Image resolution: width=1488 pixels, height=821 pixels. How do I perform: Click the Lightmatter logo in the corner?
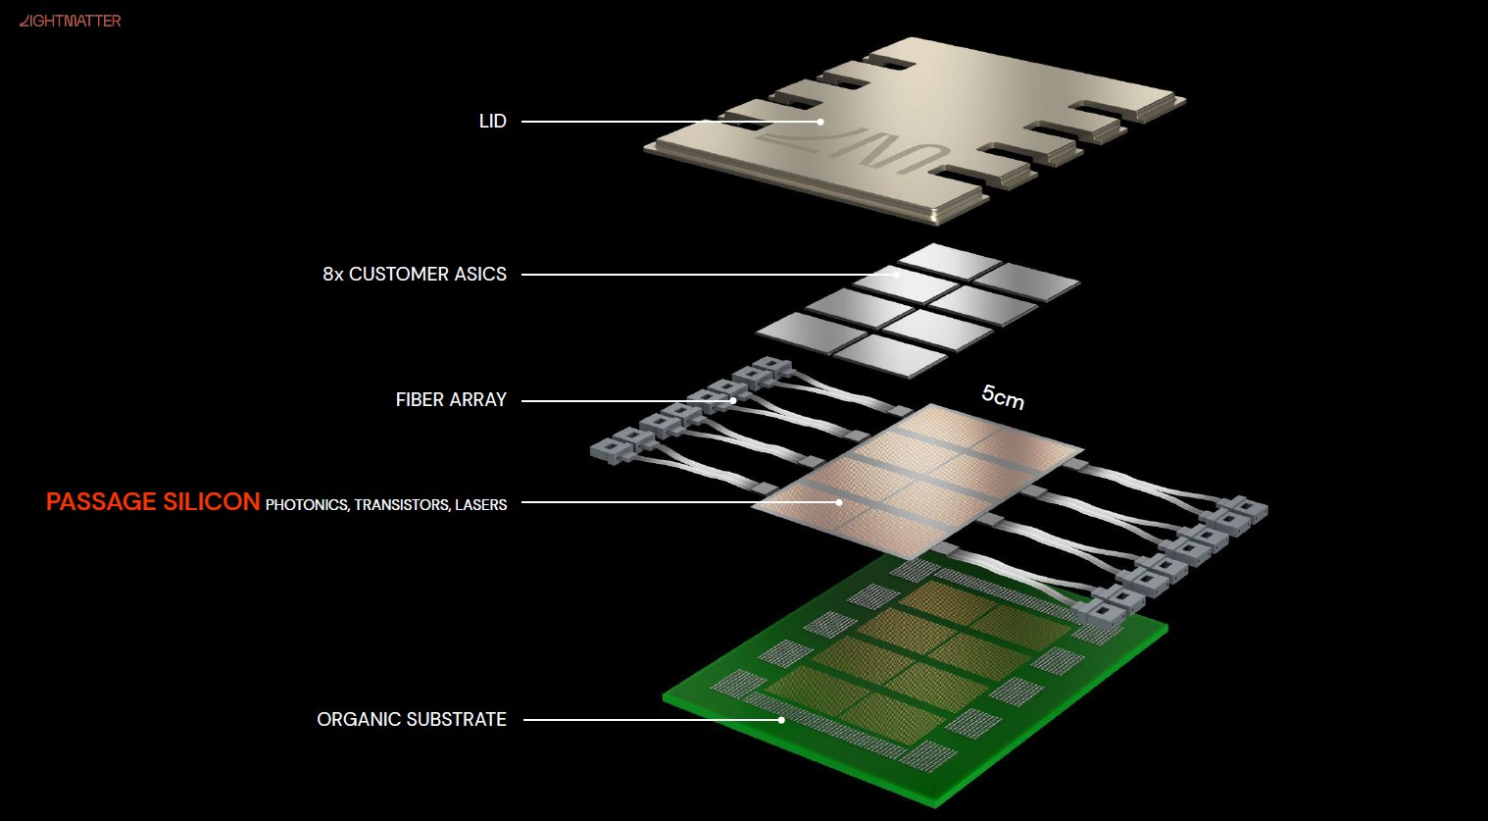(70, 21)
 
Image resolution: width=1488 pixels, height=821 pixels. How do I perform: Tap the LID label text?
(492, 121)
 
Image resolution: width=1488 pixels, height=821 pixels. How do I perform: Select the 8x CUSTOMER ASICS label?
(415, 274)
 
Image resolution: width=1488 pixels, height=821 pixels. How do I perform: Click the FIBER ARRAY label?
(451, 399)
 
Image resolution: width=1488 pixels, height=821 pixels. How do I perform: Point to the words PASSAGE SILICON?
(153, 502)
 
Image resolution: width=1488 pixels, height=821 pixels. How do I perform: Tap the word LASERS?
(481, 504)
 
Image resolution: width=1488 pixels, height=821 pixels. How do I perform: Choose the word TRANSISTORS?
(403, 504)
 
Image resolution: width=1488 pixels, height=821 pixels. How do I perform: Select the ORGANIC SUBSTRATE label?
(411, 719)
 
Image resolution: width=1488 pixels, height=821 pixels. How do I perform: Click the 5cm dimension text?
(1003, 397)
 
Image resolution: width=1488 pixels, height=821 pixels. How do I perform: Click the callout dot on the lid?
(821, 122)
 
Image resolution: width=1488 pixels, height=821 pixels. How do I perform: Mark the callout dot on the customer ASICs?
(898, 274)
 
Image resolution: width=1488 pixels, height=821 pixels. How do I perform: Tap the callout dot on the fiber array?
(733, 401)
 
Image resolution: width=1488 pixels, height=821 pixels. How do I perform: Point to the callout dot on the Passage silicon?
(840, 502)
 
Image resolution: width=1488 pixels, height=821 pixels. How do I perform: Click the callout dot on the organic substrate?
(782, 720)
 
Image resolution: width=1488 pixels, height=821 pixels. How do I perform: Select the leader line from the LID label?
(670, 122)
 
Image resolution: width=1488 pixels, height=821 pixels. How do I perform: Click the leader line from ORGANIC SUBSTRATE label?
(652, 720)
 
